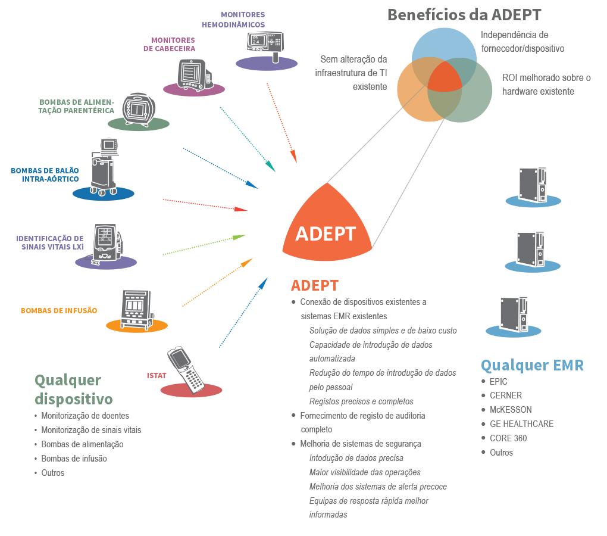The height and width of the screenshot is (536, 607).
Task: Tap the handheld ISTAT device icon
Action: (x=186, y=370)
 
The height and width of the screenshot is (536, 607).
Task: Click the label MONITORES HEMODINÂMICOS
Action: (x=233, y=20)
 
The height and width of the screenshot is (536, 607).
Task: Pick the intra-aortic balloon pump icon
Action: (x=104, y=167)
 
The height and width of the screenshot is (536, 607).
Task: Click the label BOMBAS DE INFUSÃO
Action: (x=59, y=311)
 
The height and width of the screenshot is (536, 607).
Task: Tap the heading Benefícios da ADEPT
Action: (x=464, y=15)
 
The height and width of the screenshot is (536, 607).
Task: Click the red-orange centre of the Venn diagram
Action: (x=445, y=78)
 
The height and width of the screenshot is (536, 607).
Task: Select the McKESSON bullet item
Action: (x=510, y=410)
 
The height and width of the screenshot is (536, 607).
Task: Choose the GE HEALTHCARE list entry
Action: (x=521, y=424)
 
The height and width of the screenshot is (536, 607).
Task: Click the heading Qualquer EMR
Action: (x=532, y=365)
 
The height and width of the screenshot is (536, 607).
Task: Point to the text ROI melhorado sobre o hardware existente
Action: (x=546, y=85)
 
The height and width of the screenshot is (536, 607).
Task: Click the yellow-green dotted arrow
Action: (x=204, y=245)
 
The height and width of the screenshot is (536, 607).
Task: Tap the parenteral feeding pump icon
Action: (x=139, y=110)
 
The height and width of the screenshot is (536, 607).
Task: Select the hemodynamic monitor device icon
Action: (x=265, y=46)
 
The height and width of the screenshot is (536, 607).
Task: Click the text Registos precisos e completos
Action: (x=361, y=401)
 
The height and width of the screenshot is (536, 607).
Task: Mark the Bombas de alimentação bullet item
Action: (x=82, y=445)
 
